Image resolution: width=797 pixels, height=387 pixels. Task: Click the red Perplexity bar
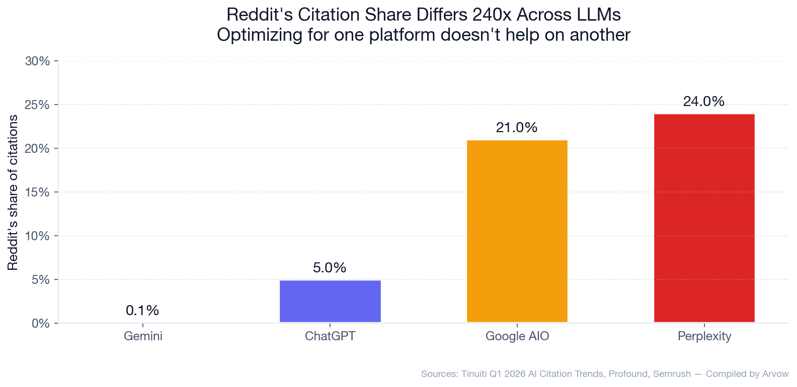click(704, 218)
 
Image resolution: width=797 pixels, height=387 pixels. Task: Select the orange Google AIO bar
click(517, 231)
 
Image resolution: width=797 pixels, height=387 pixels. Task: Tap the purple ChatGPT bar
click(330, 301)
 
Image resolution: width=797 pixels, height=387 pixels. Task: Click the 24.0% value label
click(703, 102)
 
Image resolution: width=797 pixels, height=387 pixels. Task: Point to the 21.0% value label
click(517, 128)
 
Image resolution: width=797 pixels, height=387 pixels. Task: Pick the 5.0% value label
click(330, 268)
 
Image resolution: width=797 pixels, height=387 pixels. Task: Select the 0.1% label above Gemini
click(142, 311)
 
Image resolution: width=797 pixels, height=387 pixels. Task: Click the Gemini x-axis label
click(143, 336)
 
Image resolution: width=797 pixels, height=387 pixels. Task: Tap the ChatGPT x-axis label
click(330, 336)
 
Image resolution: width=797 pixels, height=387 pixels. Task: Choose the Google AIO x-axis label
click(517, 336)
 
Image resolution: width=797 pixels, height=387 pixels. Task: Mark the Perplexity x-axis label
click(704, 336)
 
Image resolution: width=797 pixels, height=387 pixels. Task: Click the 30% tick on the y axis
click(38, 61)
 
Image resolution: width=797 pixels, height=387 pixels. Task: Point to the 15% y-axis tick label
click(38, 192)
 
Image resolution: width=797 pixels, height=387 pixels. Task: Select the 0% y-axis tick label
click(41, 323)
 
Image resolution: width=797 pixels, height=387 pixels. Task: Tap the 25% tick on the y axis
click(38, 105)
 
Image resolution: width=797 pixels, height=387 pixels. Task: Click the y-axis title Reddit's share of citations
click(13, 192)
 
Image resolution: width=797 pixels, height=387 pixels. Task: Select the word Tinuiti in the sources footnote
click(471, 374)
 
